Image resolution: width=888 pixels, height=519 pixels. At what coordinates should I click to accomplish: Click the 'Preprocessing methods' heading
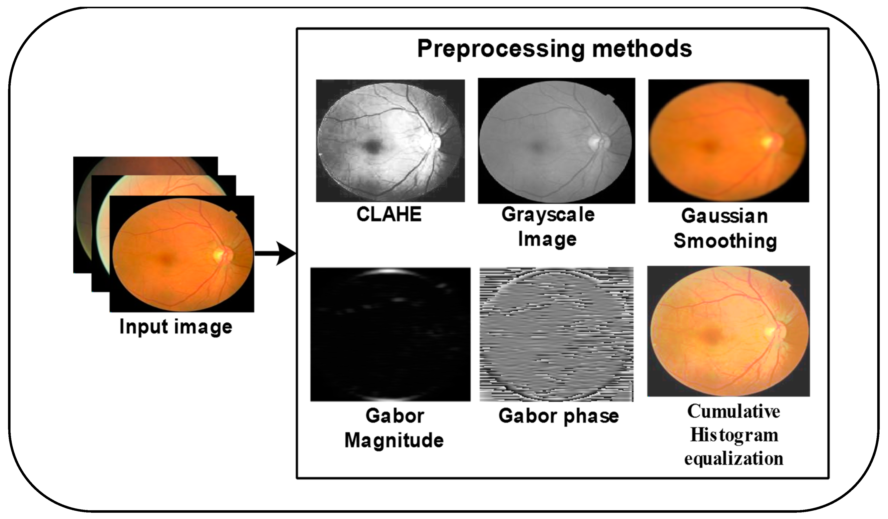(x=554, y=49)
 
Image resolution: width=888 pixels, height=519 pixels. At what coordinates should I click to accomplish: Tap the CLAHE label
(x=389, y=214)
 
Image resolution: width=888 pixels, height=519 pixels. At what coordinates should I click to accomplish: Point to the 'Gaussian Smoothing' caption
(x=725, y=228)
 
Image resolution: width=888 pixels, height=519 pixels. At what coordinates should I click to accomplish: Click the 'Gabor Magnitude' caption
(x=394, y=428)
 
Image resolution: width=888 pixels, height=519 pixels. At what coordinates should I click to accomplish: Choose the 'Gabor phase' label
(x=559, y=416)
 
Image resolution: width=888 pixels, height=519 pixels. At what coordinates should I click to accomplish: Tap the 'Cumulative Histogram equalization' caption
(x=734, y=435)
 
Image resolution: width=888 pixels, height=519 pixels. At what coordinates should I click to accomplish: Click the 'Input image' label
(x=176, y=327)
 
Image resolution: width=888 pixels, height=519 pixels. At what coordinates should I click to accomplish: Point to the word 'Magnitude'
(x=394, y=440)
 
